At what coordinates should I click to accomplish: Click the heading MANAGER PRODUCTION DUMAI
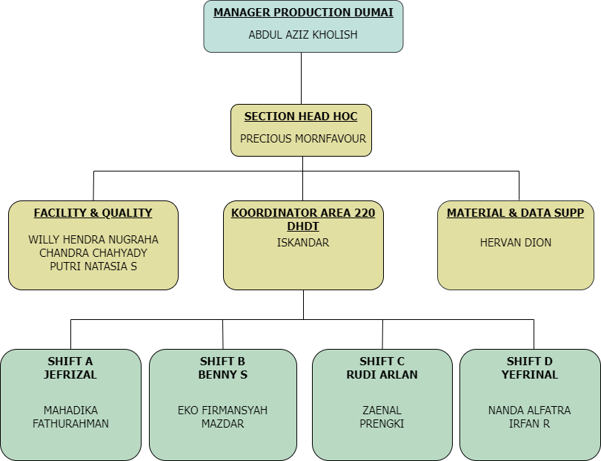click(x=303, y=13)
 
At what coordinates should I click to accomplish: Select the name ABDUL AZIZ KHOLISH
click(x=303, y=35)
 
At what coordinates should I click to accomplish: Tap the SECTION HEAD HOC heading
click(x=301, y=117)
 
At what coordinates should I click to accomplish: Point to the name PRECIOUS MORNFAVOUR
click(x=303, y=139)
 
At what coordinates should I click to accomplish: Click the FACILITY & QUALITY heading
click(x=93, y=213)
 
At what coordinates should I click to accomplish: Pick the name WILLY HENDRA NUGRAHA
click(x=93, y=240)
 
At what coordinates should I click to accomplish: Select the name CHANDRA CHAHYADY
click(x=93, y=253)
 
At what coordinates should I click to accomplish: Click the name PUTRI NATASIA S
click(x=93, y=267)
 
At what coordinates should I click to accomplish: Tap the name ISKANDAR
click(x=303, y=243)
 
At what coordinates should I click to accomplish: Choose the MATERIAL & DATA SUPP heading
click(x=516, y=213)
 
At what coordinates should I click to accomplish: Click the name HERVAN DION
click(x=516, y=243)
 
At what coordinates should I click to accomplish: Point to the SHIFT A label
click(x=70, y=362)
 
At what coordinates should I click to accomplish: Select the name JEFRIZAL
click(x=70, y=375)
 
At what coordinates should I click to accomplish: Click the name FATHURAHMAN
click(x=70, y=424)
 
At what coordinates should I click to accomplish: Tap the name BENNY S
click(x=222, y=375)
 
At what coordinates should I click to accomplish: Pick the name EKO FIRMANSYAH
click(x=222, y=411)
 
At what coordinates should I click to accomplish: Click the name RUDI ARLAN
click(x=382, y=375)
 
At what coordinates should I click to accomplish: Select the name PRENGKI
click(x=382, y=424)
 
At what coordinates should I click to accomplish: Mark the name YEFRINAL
click(x=530, y=375)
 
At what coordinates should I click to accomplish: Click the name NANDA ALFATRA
click(x=530, y=411)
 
